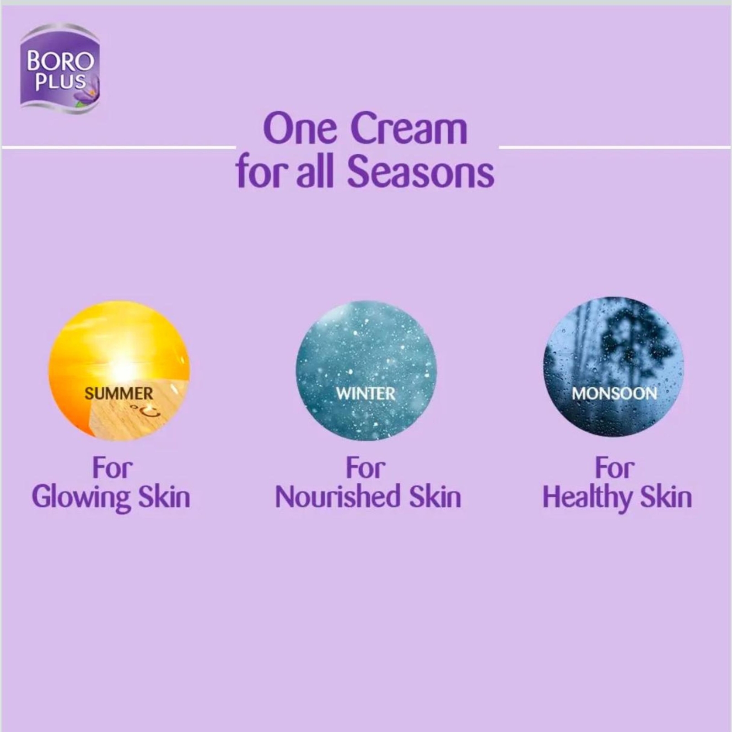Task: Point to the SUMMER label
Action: click(x=119, y=393)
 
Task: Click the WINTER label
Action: click(x=366, y=393)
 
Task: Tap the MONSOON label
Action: click(x=614, y=393)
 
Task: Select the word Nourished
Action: click(x=338, y=497)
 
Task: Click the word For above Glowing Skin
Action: click(x=112, y=468)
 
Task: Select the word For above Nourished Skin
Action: click(x=366, y=468)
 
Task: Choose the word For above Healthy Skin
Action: click(x=614, y=468)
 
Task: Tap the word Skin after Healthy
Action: click(x=666, y=497)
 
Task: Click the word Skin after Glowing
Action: click(x=164, y=497)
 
